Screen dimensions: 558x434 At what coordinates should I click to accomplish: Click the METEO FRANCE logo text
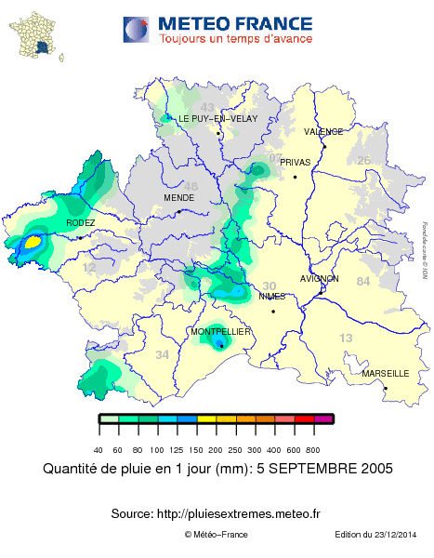pos(235,22)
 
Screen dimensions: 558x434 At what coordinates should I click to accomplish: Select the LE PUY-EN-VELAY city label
pos(224,120)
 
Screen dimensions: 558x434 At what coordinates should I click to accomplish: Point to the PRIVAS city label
pos(295,162)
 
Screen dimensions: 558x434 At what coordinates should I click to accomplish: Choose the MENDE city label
pos(178,198)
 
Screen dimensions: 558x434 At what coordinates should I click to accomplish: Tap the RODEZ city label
pos(80,223)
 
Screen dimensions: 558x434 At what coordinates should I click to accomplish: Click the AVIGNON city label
pos(320,279)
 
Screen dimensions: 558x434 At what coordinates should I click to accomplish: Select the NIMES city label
pos(272,297)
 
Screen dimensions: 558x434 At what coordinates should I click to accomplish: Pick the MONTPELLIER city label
pos(220,332)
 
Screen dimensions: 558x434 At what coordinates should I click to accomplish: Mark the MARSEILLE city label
pos(386,373)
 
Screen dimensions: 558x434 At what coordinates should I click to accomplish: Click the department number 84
pos(362,282)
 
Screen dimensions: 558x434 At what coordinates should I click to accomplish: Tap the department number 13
pos(346,338)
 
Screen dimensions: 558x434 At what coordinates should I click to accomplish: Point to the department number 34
pos(163,354)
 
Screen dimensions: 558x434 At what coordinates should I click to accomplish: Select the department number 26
pos(364,161)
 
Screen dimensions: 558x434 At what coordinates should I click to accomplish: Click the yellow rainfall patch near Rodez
pos(32,242)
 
